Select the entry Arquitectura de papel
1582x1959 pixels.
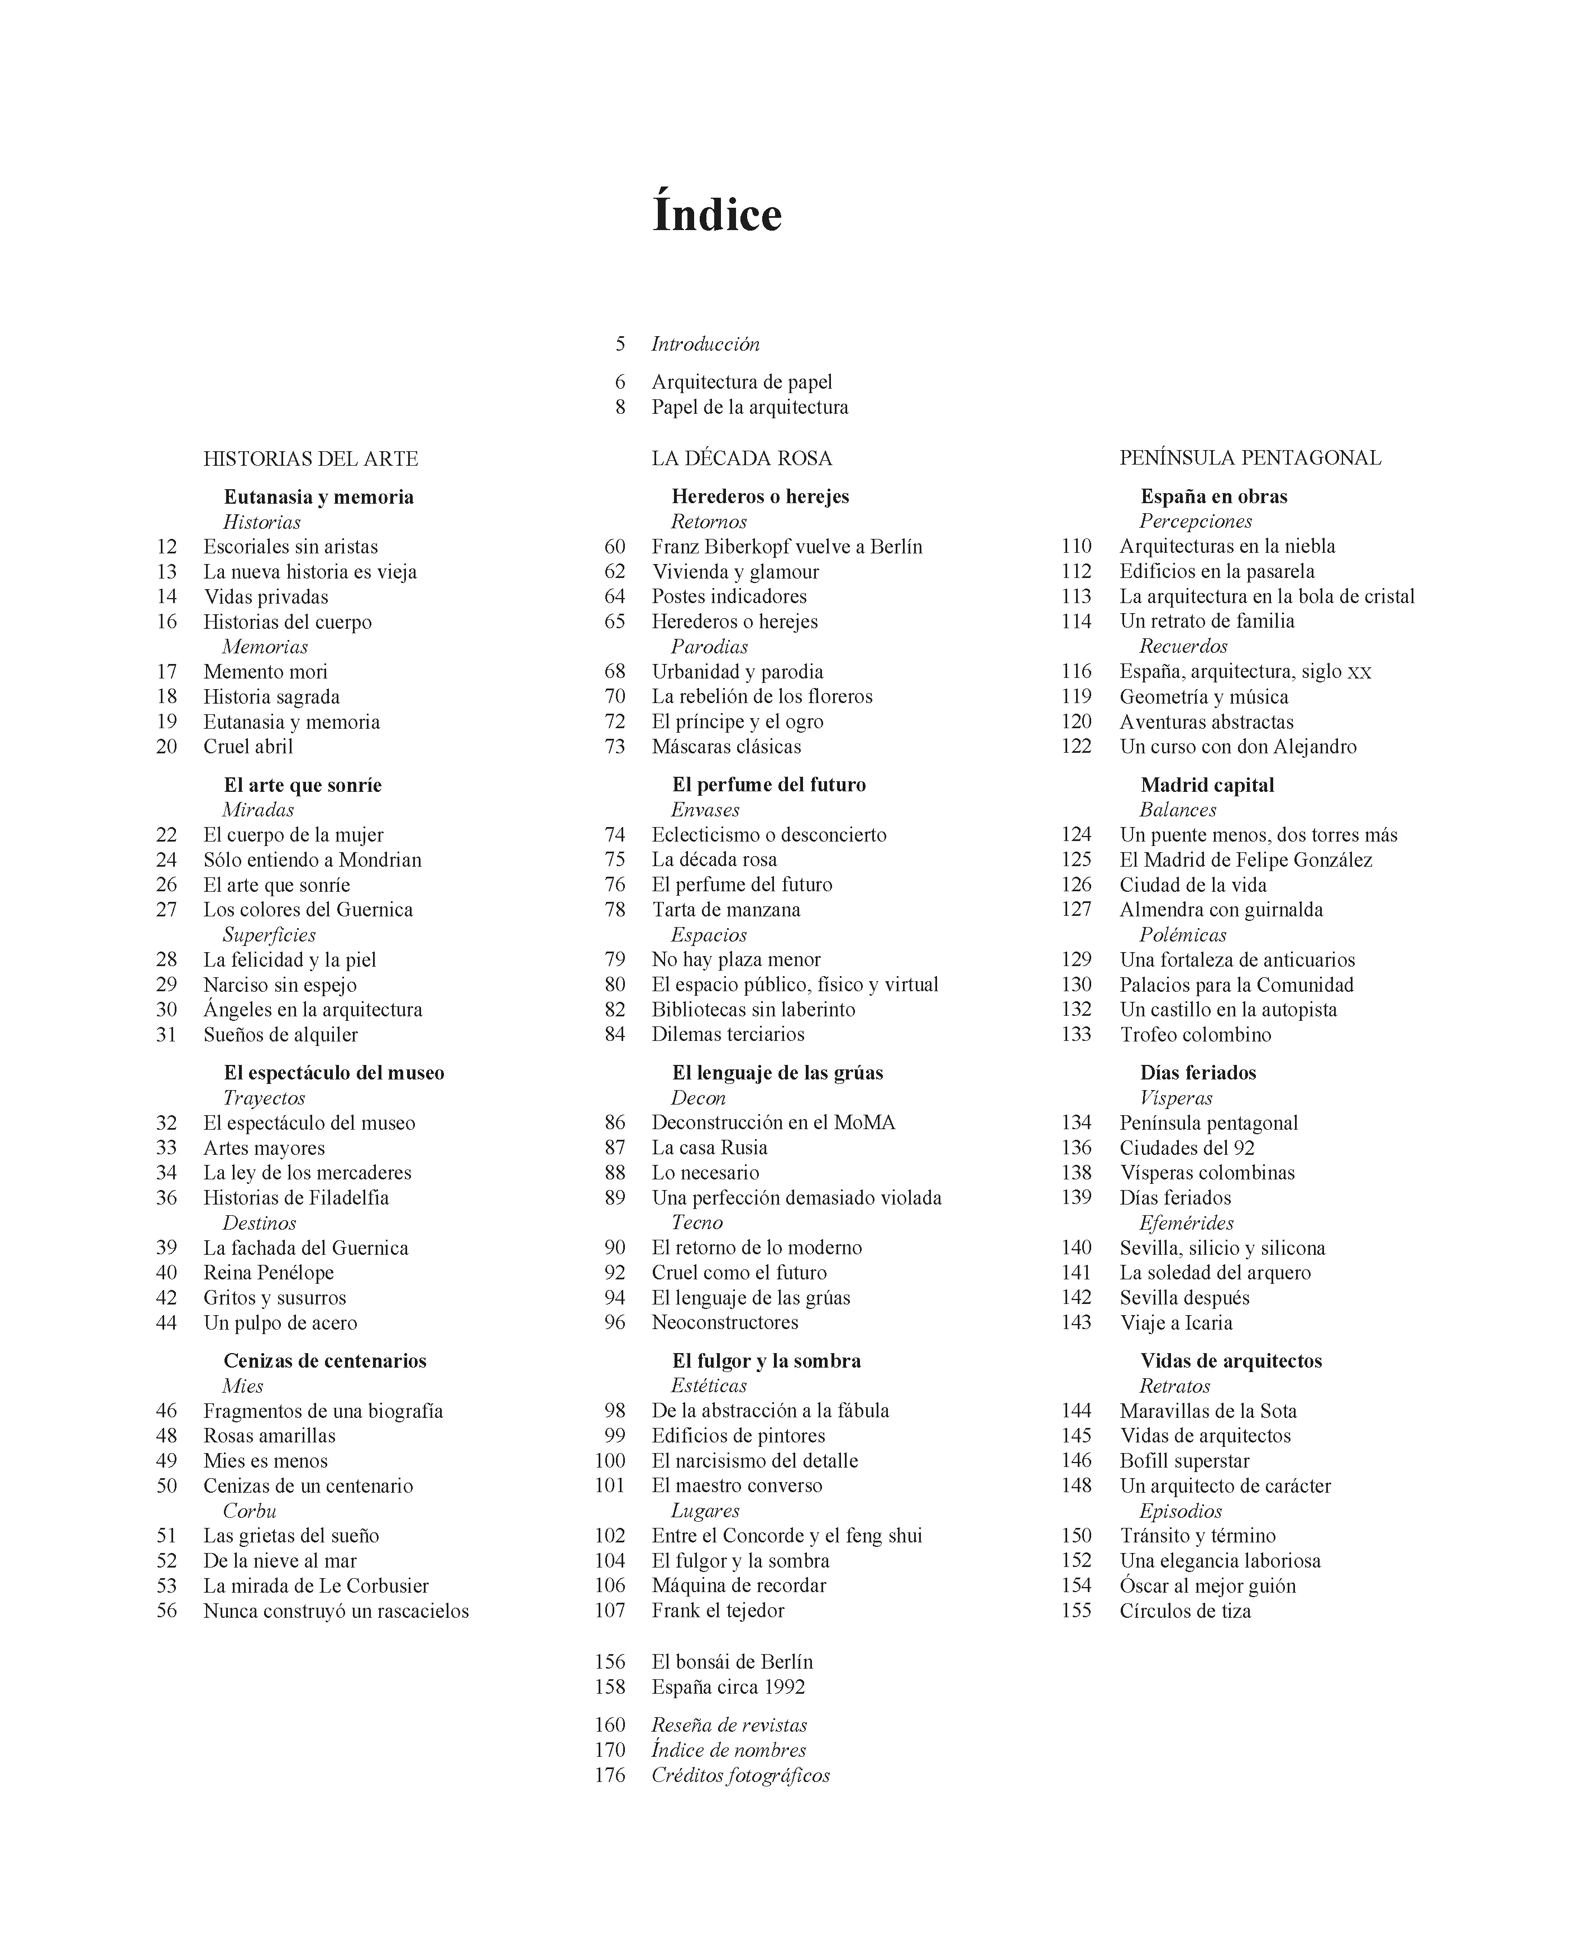click(741, 382)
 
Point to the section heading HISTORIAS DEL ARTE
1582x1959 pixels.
click(310, 458)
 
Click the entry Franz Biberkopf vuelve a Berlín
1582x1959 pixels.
click(786, 547)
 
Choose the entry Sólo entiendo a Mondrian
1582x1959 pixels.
click(312, 859)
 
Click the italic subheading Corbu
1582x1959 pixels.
click(249, 1510)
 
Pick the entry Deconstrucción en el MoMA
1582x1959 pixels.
click(773, 1122)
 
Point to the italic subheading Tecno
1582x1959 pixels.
click(696, 1223)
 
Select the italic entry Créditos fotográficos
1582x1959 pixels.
click(740, 1775)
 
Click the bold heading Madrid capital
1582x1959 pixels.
click(1207, 785)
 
